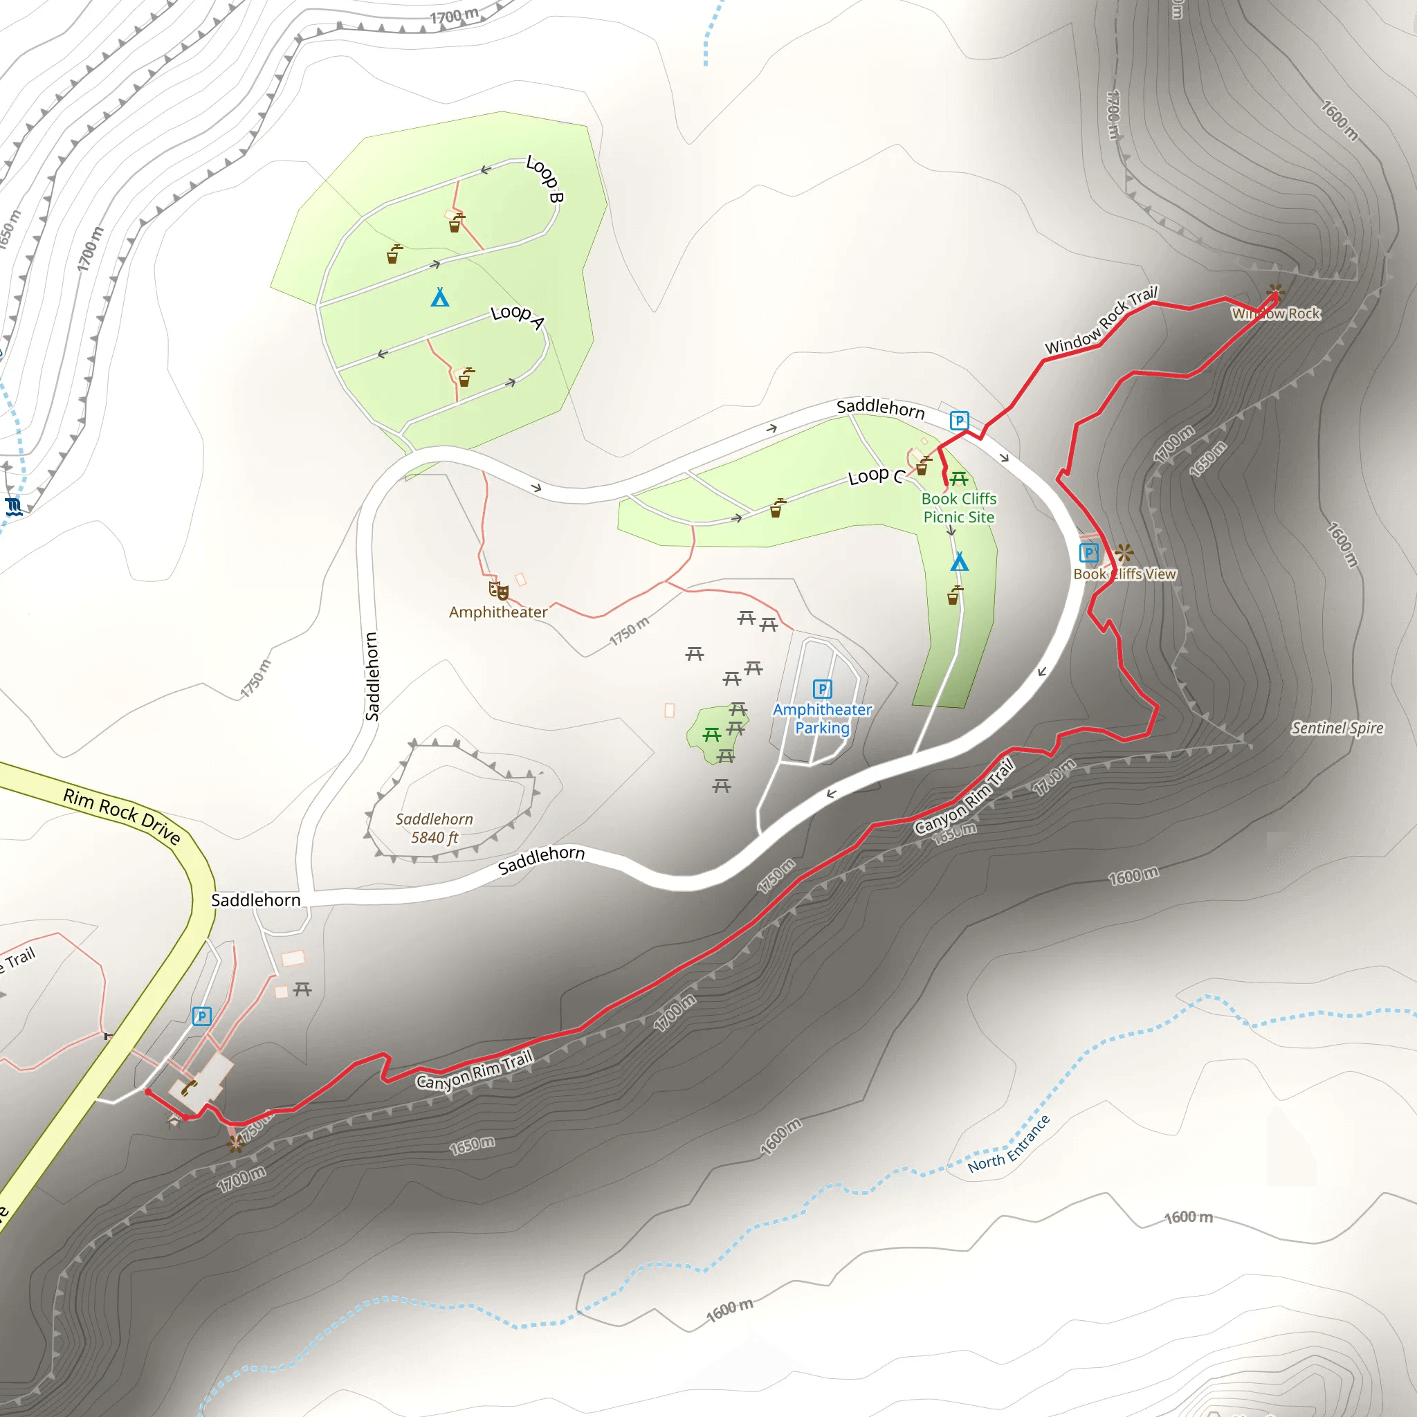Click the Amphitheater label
(498, 612)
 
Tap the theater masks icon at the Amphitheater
(499, 589)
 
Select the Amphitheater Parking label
(822, 719)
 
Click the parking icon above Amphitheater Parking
(822, 688)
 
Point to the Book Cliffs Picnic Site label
(958, 508)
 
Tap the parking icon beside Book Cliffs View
(1088, 552)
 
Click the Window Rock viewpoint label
(1275, 314)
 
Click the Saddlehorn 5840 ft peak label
(435, 828)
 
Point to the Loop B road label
(545, 179)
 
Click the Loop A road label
(518, 316)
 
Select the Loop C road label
(876, 476)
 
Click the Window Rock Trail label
(1101, 320)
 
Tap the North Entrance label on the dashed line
(1009, 1144)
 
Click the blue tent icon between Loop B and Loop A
(439, 297)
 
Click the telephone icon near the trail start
(189, 1087)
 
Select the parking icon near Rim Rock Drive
(202, 1016)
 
